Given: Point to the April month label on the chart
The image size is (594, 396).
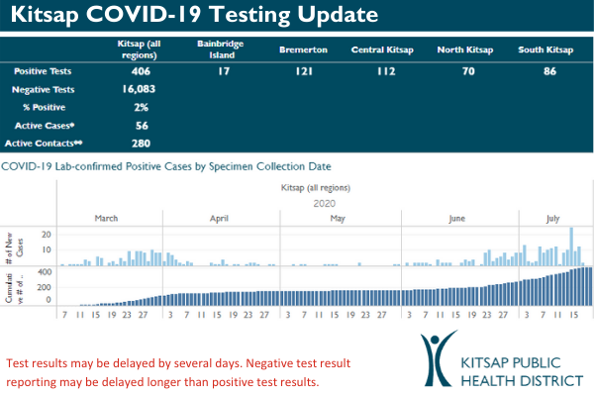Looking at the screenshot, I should click(220, 217).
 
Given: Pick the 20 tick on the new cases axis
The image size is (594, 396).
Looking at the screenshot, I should click(46, 236).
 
